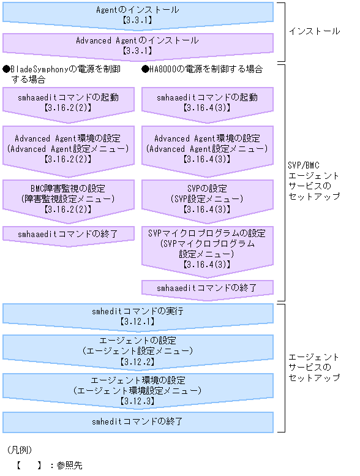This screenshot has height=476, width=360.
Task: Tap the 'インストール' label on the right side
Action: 313,31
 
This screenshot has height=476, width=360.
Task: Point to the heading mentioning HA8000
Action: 202,69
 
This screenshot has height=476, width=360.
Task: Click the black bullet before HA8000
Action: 145,69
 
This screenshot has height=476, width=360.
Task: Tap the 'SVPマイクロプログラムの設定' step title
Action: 207,233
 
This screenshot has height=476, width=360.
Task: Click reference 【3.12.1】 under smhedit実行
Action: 138,320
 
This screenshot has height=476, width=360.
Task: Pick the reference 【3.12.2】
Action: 138,362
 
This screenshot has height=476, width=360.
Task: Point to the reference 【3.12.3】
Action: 138,401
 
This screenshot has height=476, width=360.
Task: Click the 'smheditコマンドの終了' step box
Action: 138,421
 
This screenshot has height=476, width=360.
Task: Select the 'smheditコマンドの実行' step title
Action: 138,311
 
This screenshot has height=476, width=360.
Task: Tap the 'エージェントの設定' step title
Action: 138,340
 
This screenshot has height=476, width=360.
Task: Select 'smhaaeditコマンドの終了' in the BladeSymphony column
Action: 68,233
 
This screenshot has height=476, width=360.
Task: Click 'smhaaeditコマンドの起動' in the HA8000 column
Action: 207,97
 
